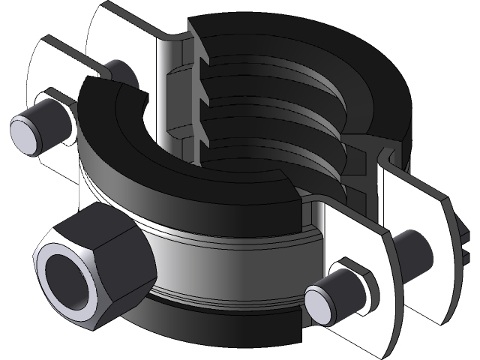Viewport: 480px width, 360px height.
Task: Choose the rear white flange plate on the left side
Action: (112, 37)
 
